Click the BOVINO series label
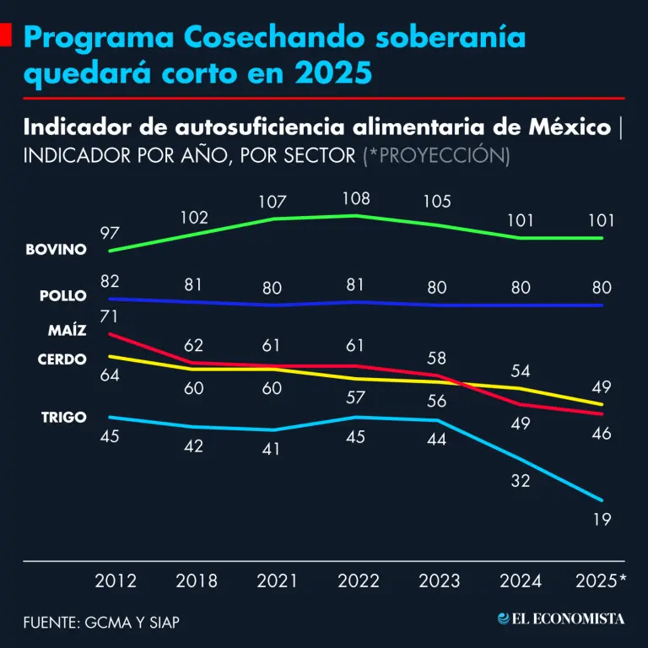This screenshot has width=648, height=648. [57, 251]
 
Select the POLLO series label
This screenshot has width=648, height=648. [62, 296]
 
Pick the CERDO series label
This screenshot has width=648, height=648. [62, 359]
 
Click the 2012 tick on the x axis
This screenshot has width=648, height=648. [115, 581]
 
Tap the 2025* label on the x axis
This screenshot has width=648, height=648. [600, 581]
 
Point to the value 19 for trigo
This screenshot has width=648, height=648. [602, 520]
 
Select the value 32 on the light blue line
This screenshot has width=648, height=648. [520, 482]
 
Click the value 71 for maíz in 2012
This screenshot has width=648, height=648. [111, 316]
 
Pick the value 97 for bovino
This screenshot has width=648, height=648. [111, 232]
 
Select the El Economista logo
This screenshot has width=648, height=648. [561, 619]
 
